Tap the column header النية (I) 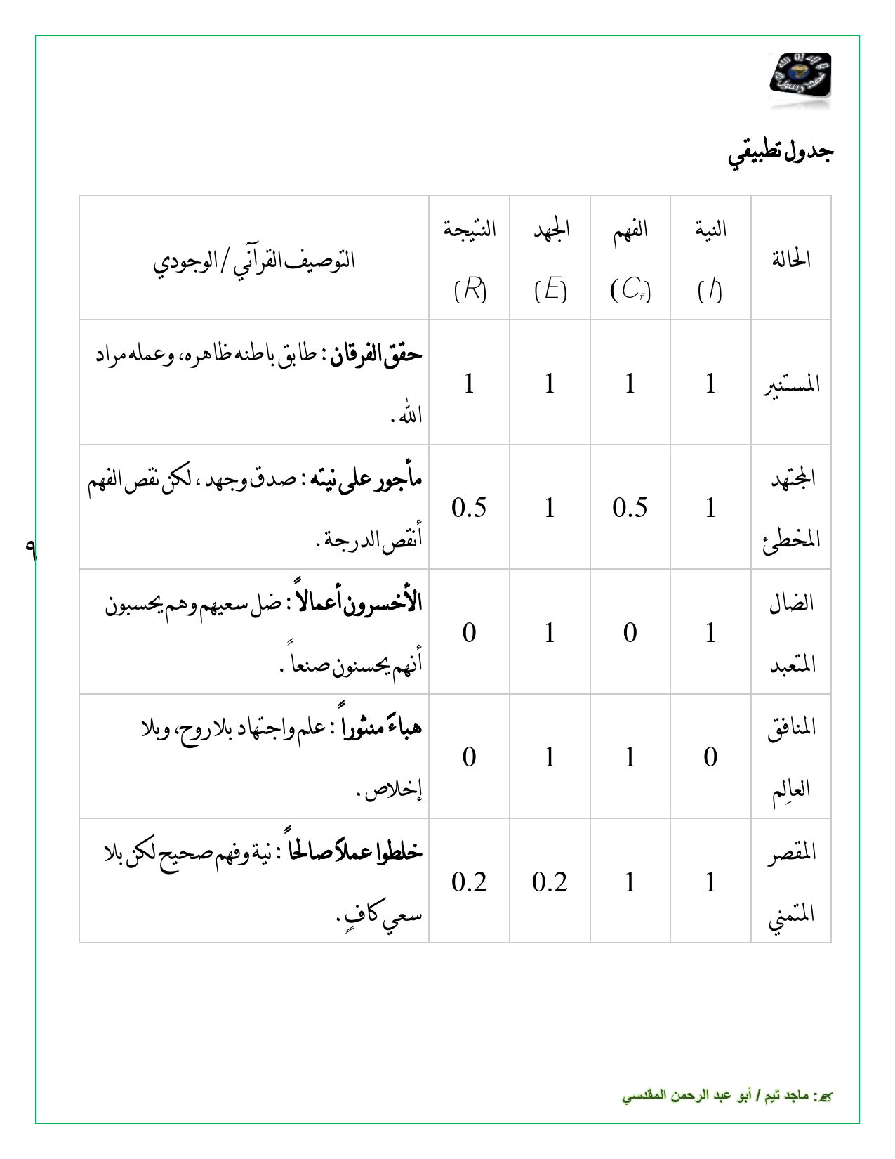710,258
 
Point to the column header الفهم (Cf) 630,258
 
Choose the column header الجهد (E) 550,258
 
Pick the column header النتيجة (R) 470,258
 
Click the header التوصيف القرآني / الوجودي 254,261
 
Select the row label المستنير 791,384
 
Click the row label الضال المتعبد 791,633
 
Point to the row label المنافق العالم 791,757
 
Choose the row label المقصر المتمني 791,882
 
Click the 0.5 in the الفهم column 630,508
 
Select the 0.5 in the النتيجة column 469,508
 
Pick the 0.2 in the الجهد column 550,882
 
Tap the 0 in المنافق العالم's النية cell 710,757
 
